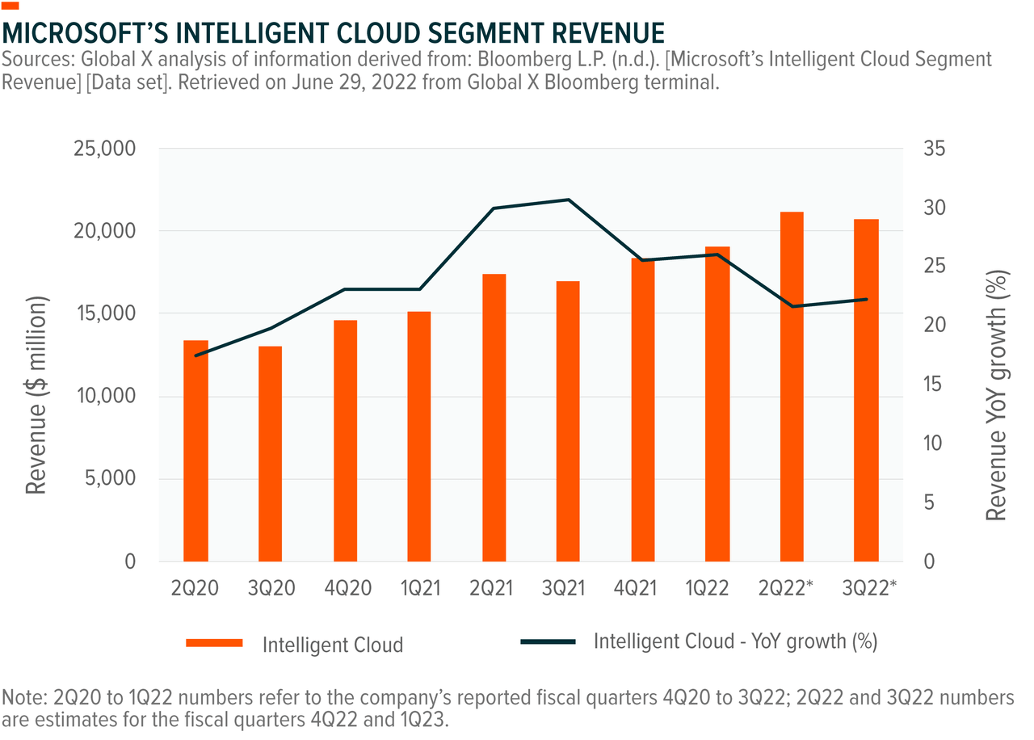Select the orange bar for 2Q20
195,451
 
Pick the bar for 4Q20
345,440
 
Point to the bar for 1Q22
717,403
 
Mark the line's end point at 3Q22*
866,299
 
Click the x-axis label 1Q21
419,589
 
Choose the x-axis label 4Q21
643,589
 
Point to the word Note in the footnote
21,696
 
